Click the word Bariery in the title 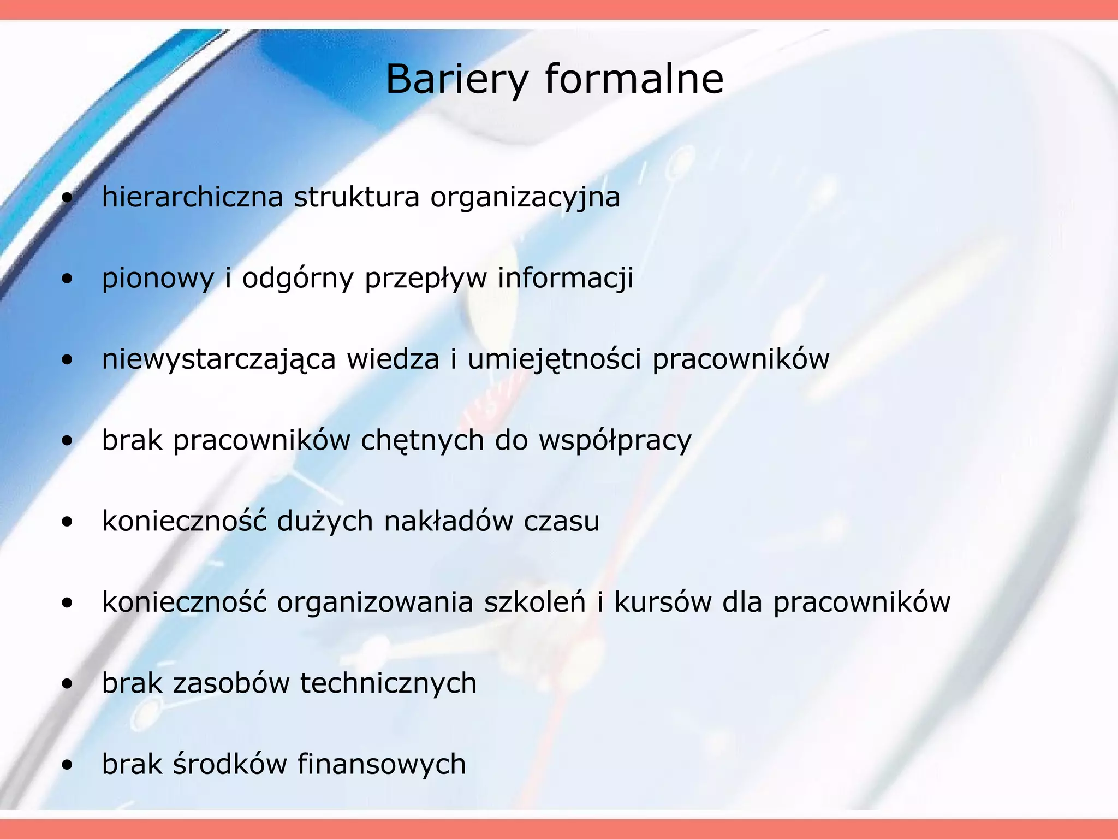click(457, 80)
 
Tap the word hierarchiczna click(192, 197)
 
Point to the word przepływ click(426, 279)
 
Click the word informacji click(566, 278)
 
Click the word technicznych click(388, 683)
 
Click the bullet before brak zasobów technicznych click(67, 684)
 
